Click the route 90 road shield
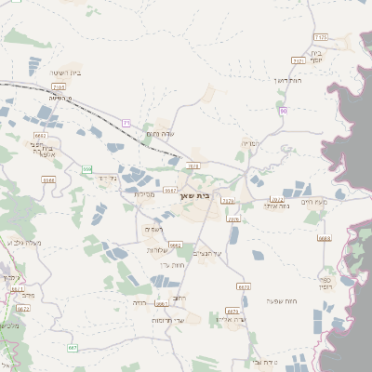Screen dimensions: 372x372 click(283, 111)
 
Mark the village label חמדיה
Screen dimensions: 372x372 click(252, 144)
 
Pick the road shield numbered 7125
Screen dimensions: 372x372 click(322, 36)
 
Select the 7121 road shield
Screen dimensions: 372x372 click(299, 60)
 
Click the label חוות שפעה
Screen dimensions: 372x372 click(280, 300)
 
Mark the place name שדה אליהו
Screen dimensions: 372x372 click(229, 320)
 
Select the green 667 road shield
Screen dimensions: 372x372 click(72, 347)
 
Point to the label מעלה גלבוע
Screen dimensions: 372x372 click(20, 243)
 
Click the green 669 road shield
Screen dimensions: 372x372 click(87, 168)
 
